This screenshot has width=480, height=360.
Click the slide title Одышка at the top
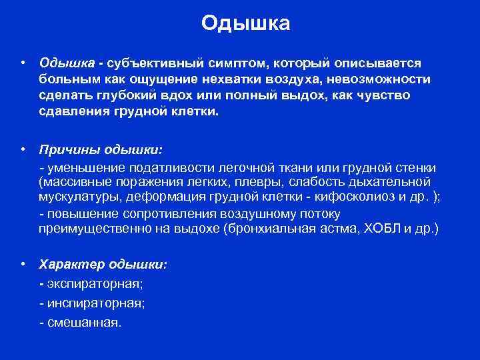click(x=246, y=24)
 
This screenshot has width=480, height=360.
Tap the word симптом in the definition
click(x=232, y=63)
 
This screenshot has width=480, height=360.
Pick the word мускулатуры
click(x=79, y=197)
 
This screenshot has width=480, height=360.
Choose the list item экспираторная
click(x=94, y=284)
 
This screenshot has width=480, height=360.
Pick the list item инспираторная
click(x=95, y=303)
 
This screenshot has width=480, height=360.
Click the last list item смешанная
click(x=85, y=323)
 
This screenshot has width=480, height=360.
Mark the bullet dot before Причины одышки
click(x=23, y=149)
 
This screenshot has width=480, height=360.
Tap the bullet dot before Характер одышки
click(x=23, y=265)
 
